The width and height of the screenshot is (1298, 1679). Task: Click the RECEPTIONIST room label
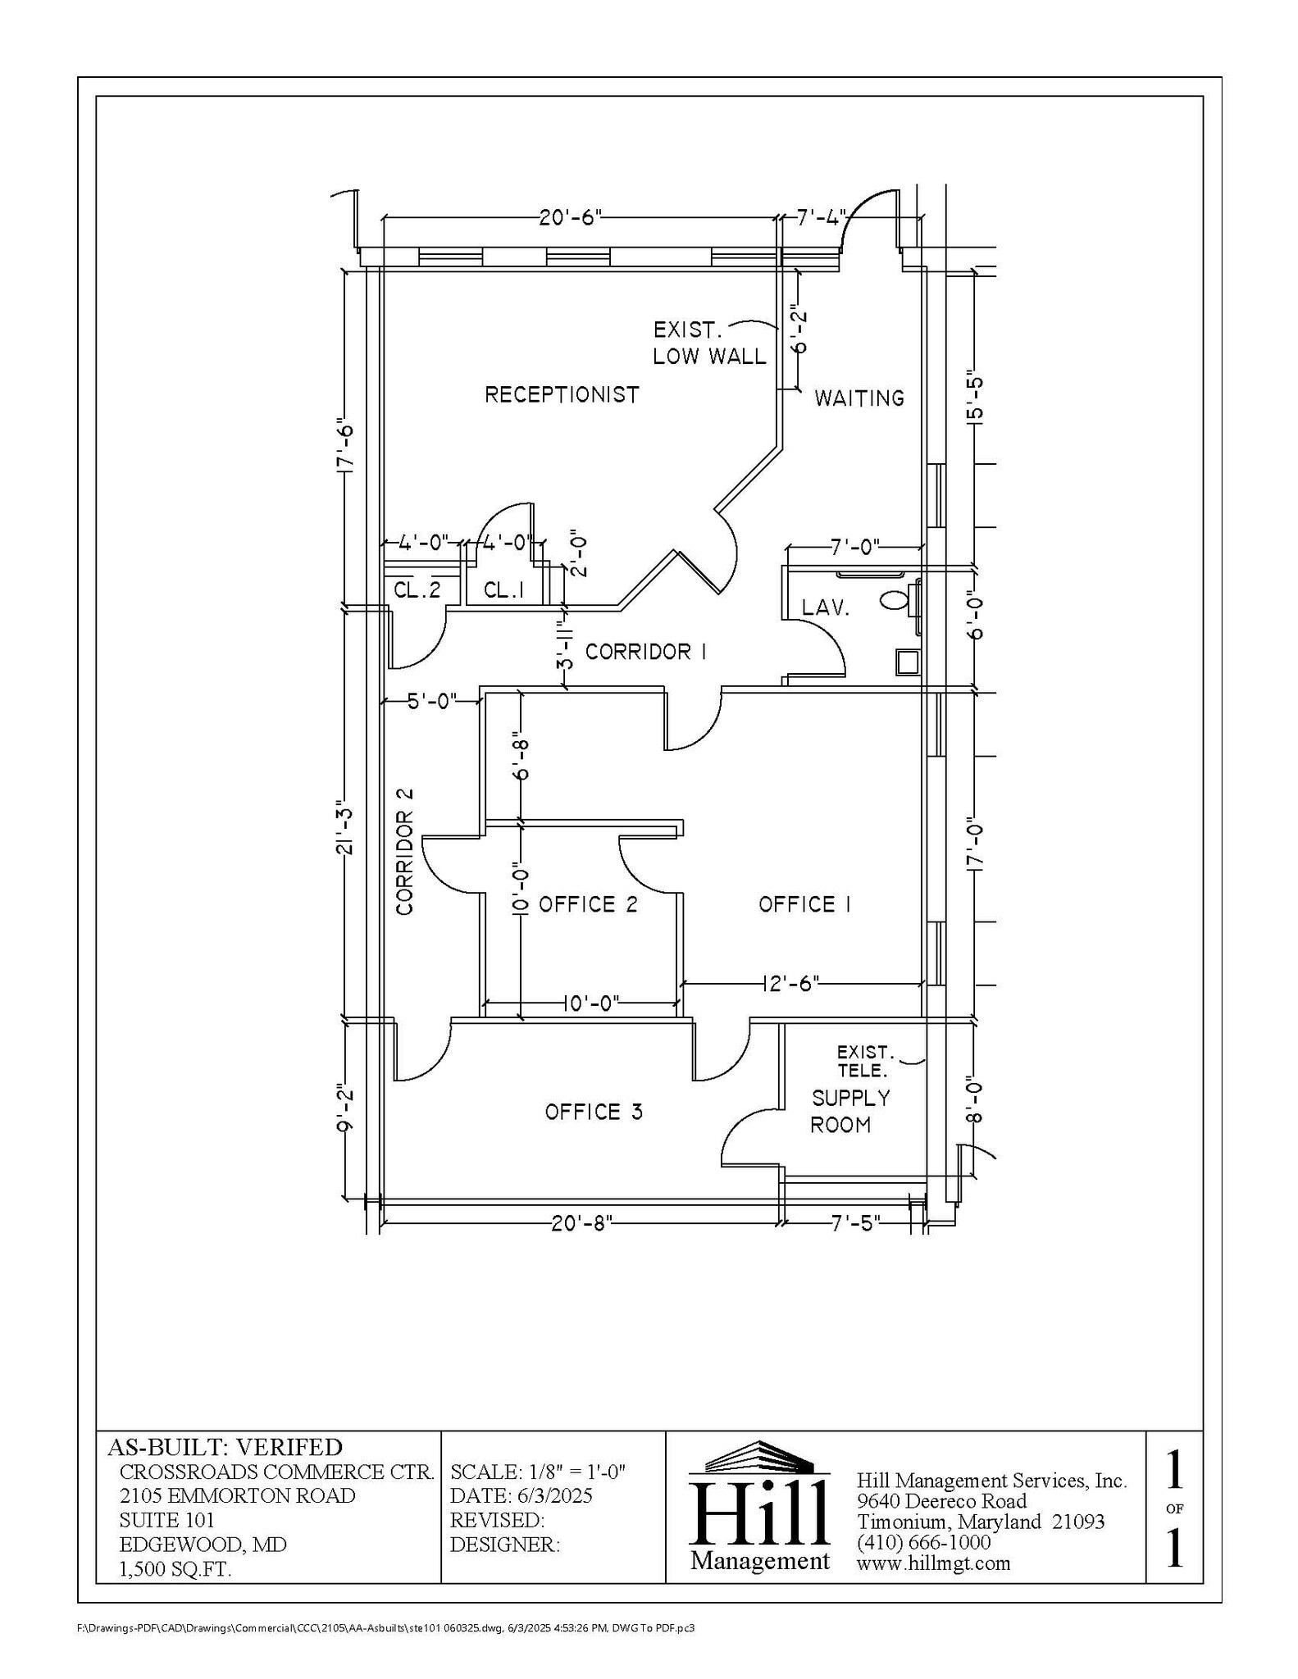561,394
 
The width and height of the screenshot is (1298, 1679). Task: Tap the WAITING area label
859,398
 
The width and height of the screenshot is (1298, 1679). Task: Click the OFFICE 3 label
594,1112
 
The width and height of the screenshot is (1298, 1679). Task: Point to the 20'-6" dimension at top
571,217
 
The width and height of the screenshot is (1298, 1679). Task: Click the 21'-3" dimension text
345,832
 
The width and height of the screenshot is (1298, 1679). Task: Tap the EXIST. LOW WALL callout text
709,343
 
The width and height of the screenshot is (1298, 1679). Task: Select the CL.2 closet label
417,589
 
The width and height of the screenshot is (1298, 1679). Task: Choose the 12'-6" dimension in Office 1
790,983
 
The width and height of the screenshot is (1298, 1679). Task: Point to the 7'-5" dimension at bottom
856,1222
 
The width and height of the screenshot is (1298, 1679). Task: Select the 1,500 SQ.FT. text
175,1569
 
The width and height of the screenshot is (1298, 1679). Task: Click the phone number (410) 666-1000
923,1542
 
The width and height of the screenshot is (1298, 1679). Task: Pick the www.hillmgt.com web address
933,1563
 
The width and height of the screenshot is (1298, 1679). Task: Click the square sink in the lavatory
907,662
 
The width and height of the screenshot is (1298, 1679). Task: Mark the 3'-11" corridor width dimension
564,647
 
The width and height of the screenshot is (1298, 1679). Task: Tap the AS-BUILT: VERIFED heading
225,1447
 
